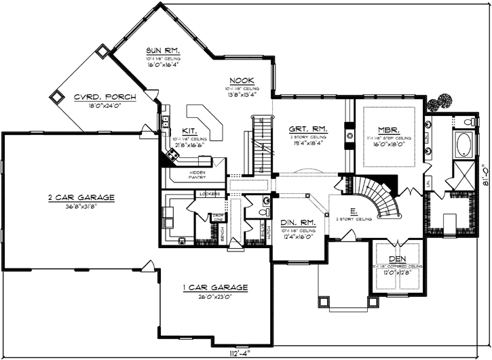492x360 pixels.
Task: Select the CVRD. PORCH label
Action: [x=105, y=97]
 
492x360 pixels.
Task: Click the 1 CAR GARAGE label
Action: [x=215, y=287]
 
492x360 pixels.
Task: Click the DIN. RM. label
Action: [x=296, y=222]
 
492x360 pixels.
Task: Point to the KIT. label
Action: [x=189, y=131]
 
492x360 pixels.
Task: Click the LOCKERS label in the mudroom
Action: [x=209, y=195]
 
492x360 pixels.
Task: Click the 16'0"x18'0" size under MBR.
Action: [x=390, y=144]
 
